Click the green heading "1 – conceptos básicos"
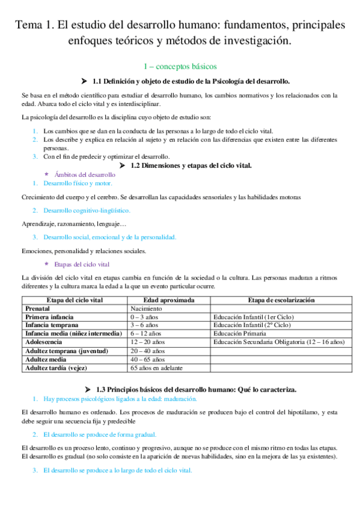180,66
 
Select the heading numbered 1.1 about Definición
191,81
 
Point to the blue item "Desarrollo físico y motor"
78,183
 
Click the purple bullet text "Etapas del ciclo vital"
82,264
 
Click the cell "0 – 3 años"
145,316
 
